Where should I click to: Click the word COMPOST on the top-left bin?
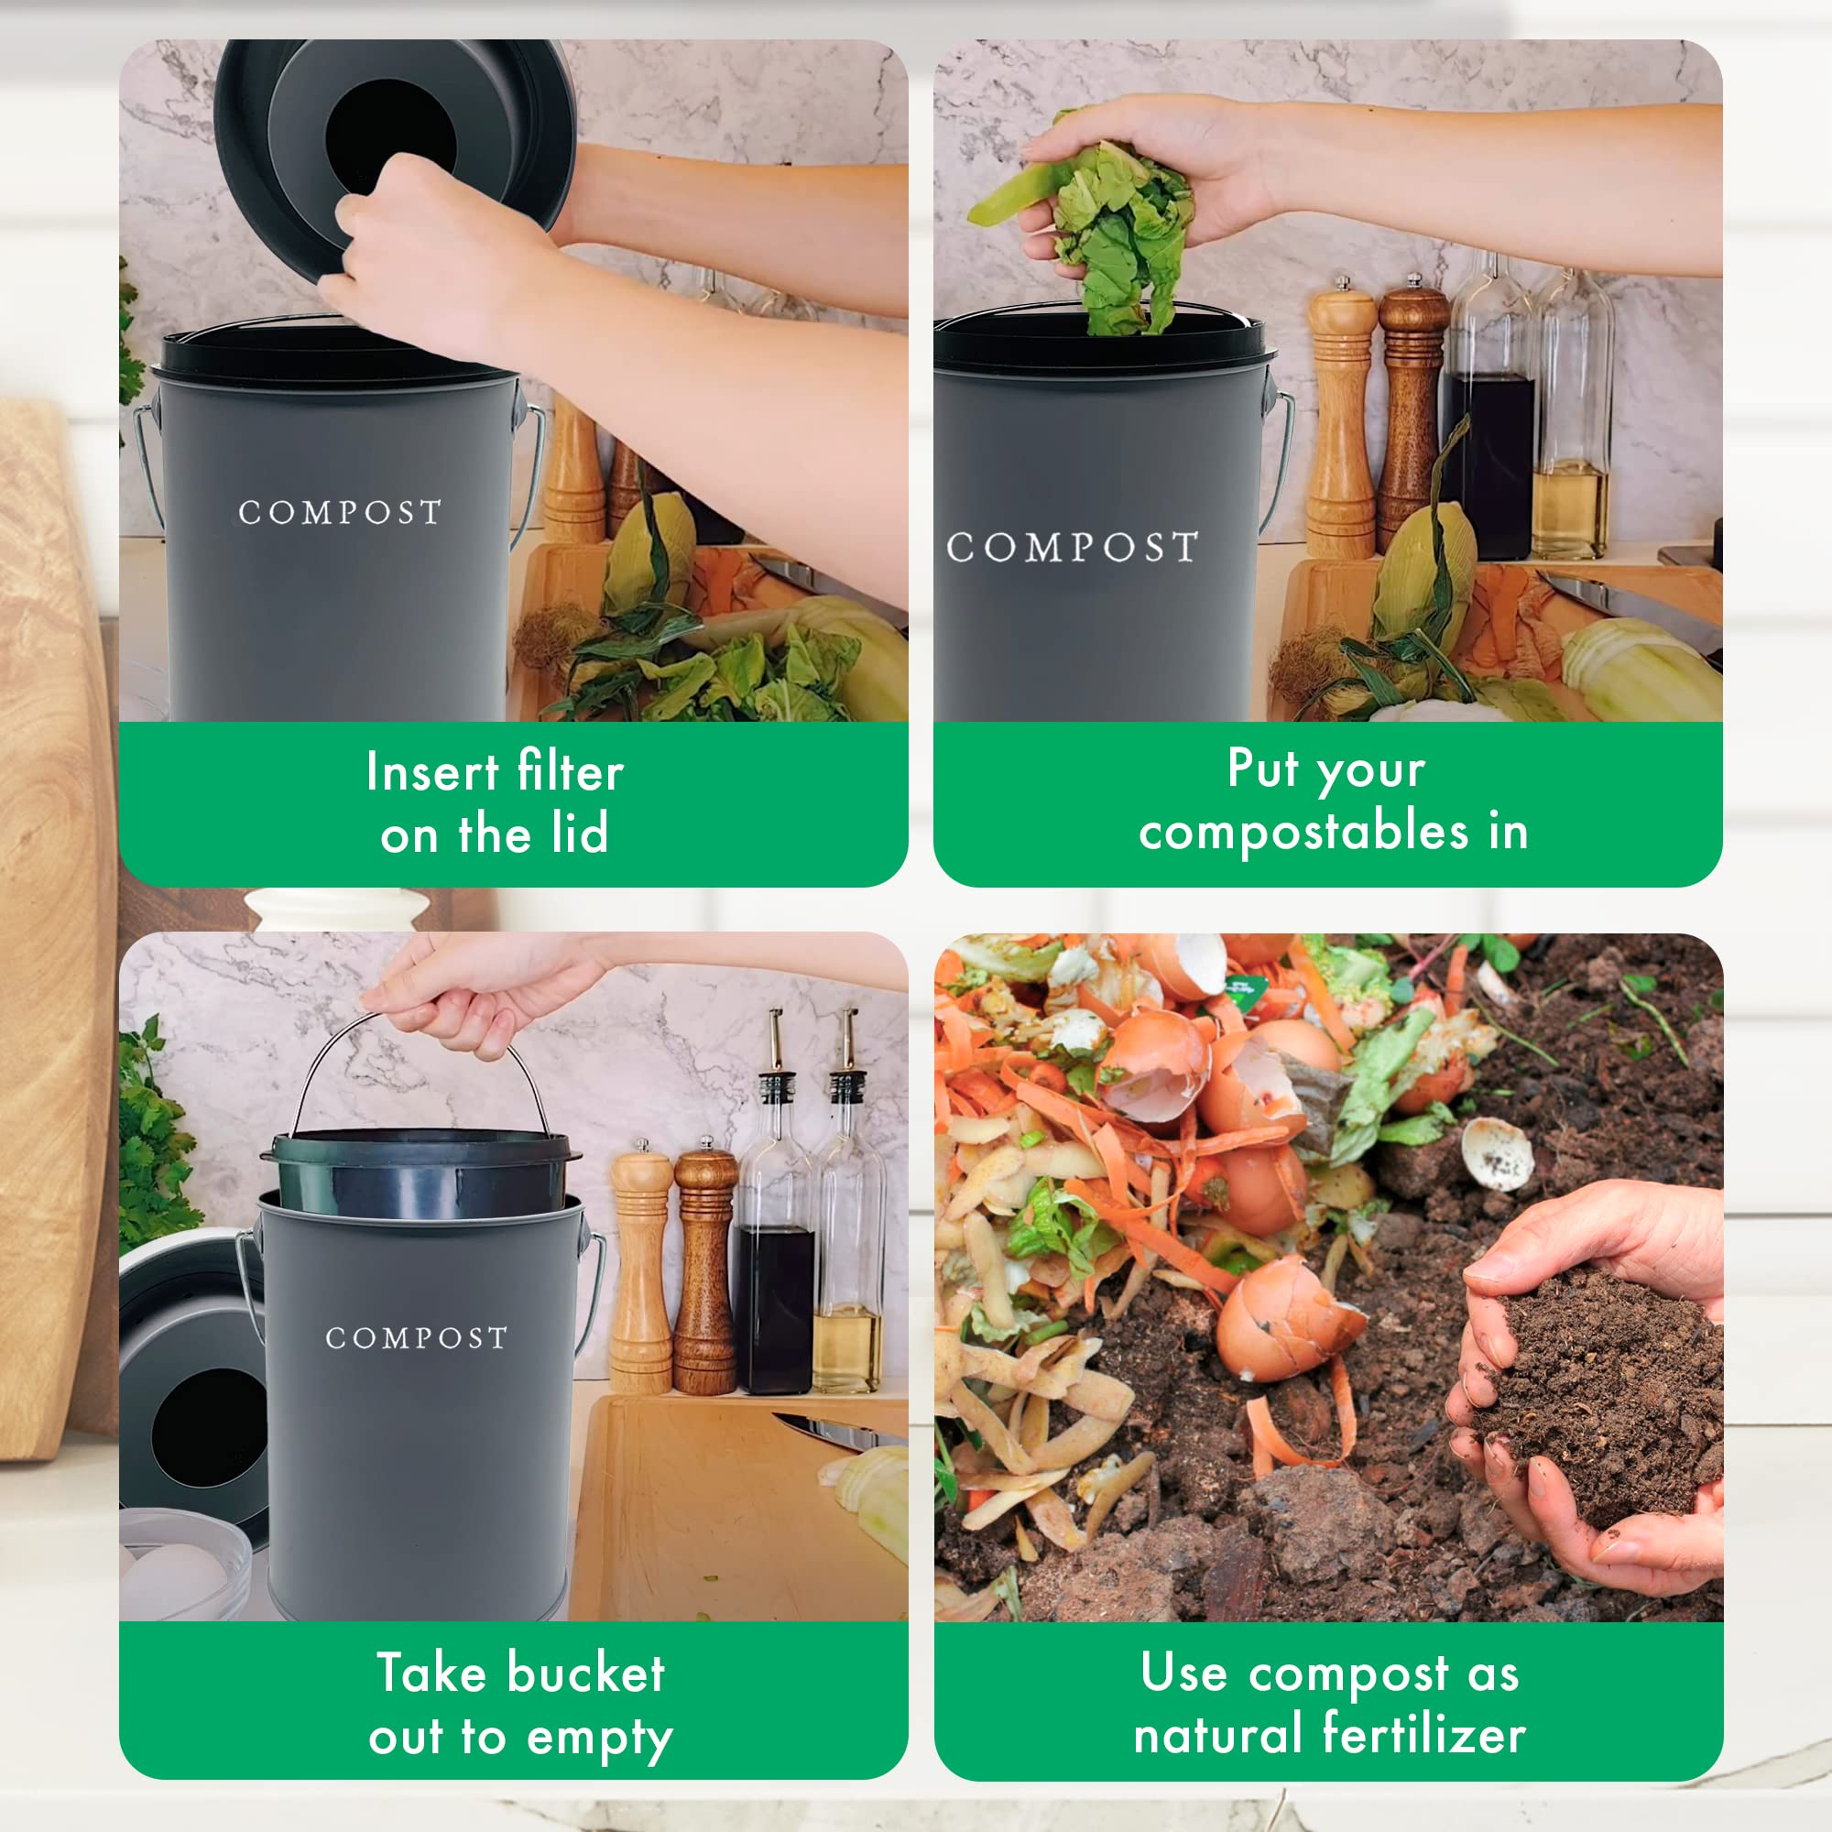click(x=340, y=513)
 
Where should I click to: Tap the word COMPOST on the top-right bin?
click(x=1073, y=547)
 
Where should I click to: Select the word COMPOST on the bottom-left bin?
click(x=416, y=1338)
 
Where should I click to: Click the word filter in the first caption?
click(x=571, y=771)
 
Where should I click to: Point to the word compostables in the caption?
click(x=1303, y=833)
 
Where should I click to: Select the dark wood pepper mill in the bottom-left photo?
click(x=704, y=1270)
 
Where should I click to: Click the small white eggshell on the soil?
click(x=1498, y=1153)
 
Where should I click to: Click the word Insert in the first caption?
click(x=431, y=771)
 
